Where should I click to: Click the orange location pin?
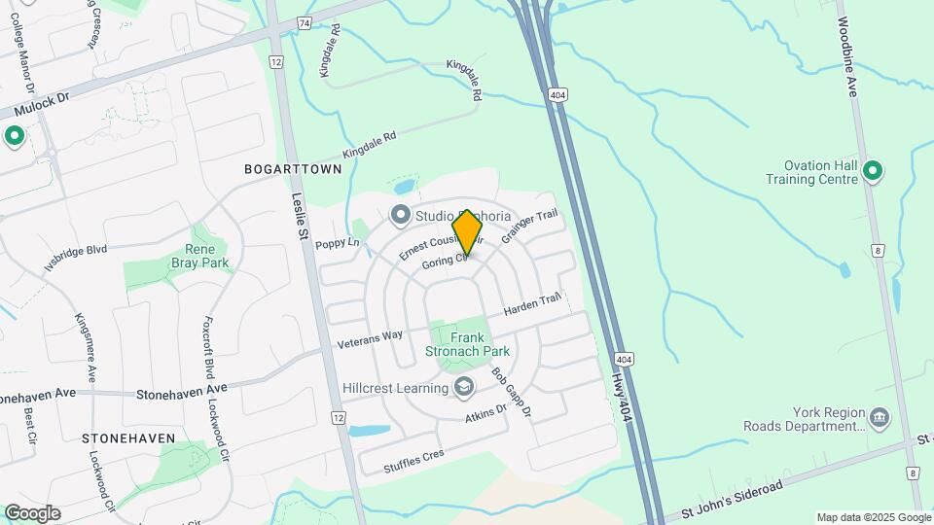tap(467, 231)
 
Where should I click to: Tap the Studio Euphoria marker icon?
tap(400, 214)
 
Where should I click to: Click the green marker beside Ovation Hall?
tap(873, 172)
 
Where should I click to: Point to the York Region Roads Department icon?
tap(880, 418)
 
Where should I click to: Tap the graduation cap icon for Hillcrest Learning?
tap(464, 388)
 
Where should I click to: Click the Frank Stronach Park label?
tap(466, 344)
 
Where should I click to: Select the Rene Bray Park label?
tap(199, 255)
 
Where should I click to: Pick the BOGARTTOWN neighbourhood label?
tap(293, 169)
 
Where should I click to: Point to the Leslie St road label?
tap(300, 217)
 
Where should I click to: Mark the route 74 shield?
tap(305, 21)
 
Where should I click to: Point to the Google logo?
tap(32, 513)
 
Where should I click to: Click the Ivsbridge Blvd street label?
tap(75, 257)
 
